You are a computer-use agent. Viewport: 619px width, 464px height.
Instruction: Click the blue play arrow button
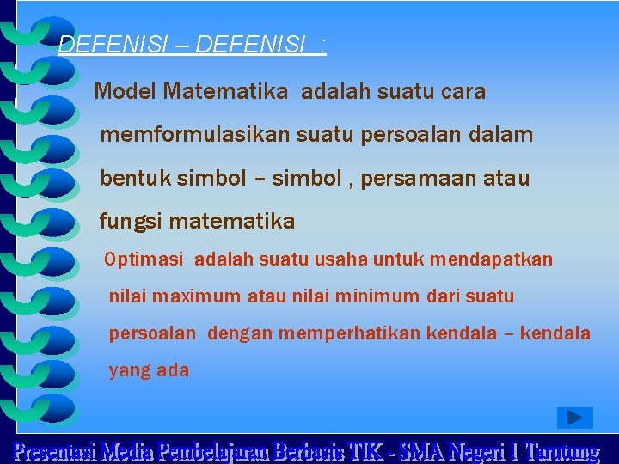pyautogui.click(x=575, y=418)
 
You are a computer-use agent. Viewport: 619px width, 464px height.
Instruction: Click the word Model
pyautogui.click(x=125, y=91)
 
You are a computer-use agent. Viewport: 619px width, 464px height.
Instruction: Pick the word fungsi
pyautogui.click(x=132, y=222)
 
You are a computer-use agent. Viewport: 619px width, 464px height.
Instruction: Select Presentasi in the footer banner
pyautogui.click(x=54, y=451)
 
